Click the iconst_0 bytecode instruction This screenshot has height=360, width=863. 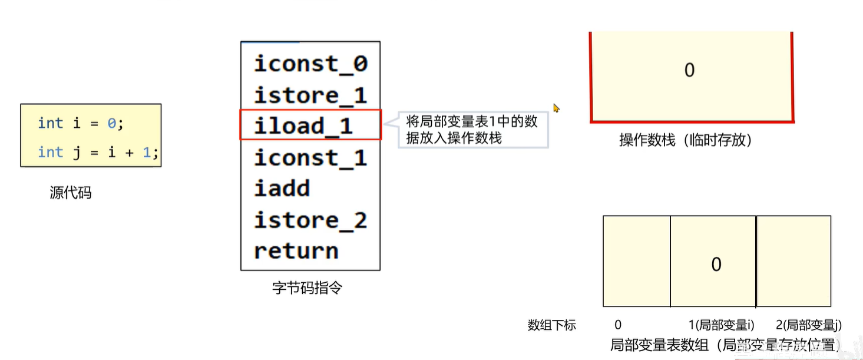[310, 64]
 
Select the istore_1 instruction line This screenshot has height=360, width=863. [310, 95]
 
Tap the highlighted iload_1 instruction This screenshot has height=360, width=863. [304, 125]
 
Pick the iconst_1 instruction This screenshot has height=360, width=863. [310, 157]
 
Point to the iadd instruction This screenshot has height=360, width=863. [282, 189]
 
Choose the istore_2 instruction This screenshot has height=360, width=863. [310, 220]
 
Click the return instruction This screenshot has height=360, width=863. [296, 251]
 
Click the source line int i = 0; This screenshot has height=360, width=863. [81, 123]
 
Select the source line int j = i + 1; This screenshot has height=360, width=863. [98, 152]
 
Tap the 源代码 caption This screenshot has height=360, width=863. [71, 193]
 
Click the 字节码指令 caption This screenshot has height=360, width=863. [307, 288]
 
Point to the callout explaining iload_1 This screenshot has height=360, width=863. [472, 130]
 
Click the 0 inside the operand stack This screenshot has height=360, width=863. [689, 71]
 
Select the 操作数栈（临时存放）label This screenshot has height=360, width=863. [686, 140]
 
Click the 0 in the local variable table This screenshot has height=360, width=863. [716, 264]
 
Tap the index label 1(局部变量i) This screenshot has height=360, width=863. [721, 325]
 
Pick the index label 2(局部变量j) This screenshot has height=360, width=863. [808, 325]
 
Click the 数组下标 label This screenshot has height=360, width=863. [551, 325]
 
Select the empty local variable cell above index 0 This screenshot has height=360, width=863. [636, 261]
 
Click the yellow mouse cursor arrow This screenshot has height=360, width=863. [556, 108]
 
